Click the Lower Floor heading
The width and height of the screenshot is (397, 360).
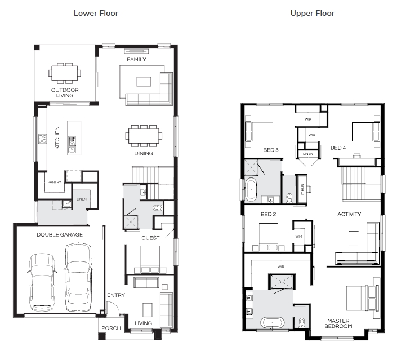click(96, 13)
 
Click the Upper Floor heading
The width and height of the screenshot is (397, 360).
click(313, 13)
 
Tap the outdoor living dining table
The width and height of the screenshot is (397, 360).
click(65, 73)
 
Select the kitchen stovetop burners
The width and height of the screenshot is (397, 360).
click(42, 139)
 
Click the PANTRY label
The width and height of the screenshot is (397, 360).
click(55, 182)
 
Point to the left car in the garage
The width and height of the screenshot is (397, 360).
click(42, 282)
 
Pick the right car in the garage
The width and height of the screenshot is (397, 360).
click(78, 277)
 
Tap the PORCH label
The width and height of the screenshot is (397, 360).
click(111, 328)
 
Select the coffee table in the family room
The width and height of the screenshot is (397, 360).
click(144, 82)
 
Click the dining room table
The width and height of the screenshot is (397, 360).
click(144, 136)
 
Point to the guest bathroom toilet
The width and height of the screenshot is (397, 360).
click(158, 208)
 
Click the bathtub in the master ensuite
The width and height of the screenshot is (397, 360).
click(272, 322)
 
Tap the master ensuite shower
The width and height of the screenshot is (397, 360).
click(282, 281)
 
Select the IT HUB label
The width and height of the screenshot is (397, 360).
click(302, 189)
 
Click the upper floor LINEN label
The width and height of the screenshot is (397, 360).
click(308, 154)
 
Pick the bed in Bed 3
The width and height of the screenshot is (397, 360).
click(259, 132)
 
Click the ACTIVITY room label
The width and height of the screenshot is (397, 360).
click(349, 214)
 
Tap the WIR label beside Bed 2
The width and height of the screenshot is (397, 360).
click(298, 237)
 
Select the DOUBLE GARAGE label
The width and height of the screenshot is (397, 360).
click(60, 234)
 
